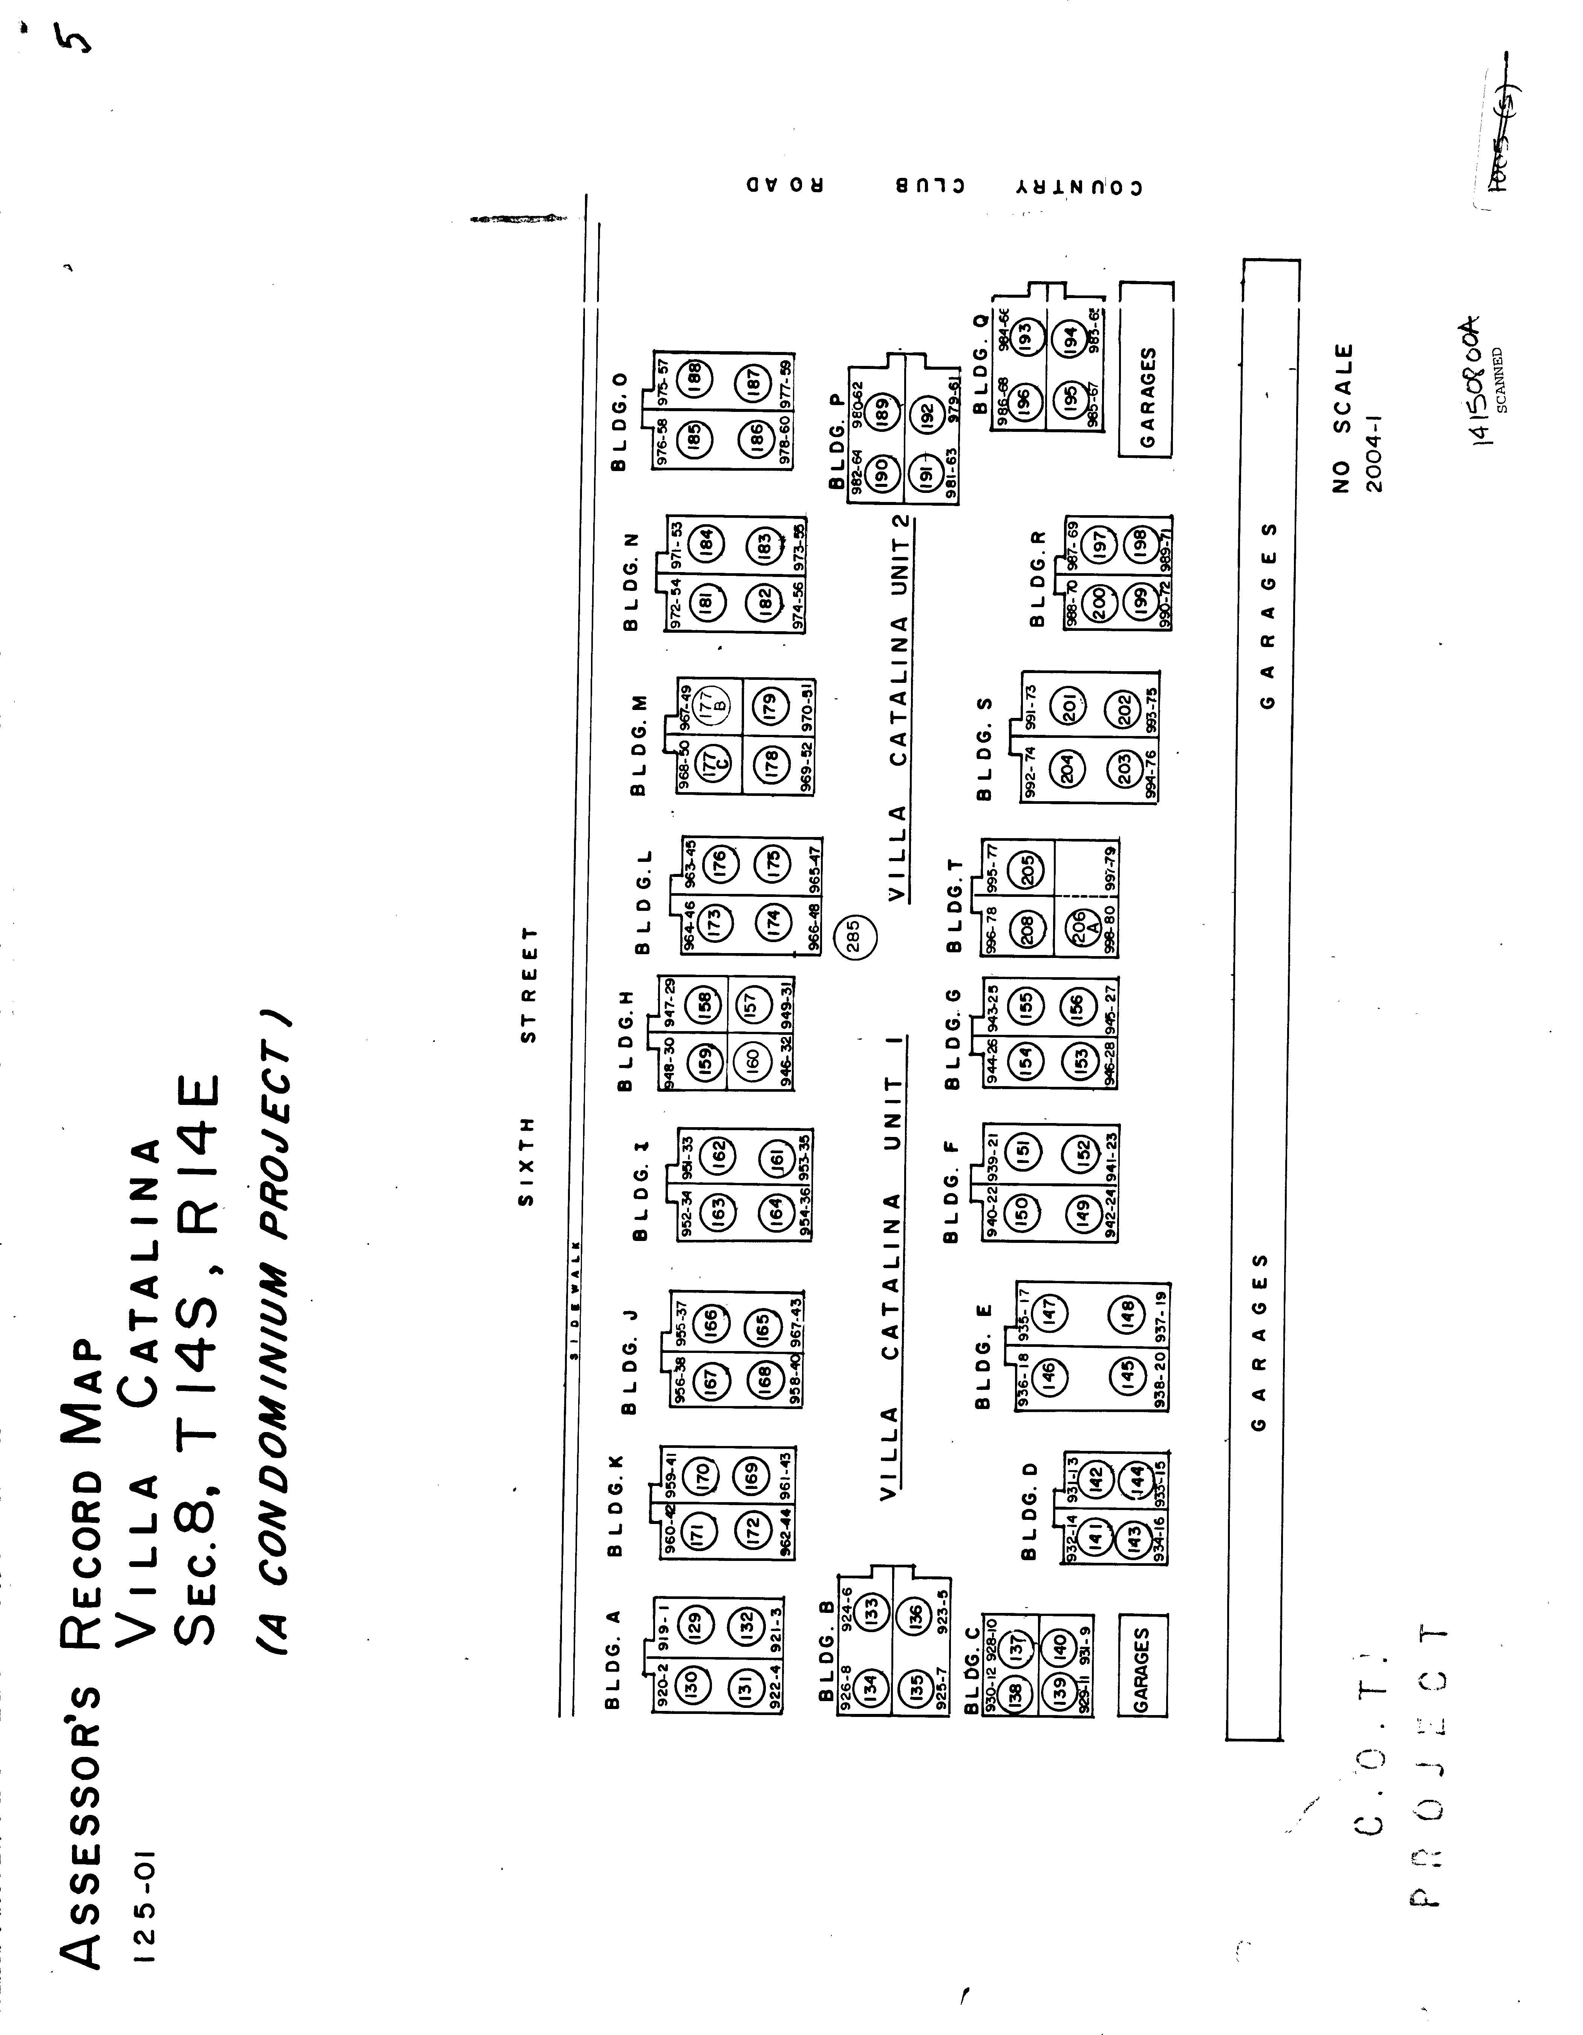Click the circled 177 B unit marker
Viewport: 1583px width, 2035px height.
tap(706, 700)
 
